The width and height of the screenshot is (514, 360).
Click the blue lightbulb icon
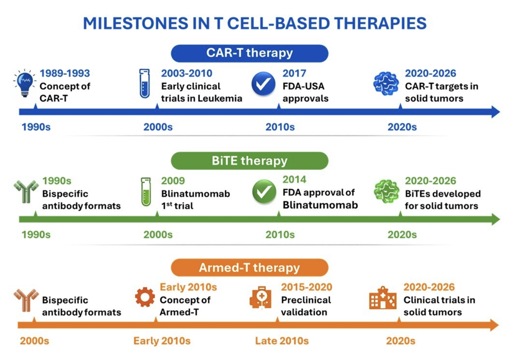coord(24,83)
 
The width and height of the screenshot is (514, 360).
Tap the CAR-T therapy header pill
coord(249,53)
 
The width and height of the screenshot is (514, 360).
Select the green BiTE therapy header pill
coord(249,161)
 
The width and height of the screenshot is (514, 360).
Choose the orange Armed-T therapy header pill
coord(249,268)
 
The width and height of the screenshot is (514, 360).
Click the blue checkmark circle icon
coord(263,84)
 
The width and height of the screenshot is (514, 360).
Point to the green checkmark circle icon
coord(264,191)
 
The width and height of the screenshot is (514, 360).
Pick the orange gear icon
coord(145,297)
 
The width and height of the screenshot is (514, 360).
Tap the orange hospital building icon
coord(383,297)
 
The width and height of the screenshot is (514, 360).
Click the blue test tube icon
coord(145,84)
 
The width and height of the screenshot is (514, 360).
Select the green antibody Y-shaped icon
coord(26,192)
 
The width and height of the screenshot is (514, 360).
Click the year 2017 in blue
coord(294,74)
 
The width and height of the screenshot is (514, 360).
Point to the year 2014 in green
coord(294,180)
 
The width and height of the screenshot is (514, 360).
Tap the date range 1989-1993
coord(65,74)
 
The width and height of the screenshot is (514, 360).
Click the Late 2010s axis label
coord(282,341)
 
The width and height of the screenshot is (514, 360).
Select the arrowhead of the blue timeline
coord(496,112)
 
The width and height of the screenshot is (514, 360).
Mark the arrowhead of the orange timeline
coord(495,325)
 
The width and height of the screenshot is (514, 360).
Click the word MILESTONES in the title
coord(136,23)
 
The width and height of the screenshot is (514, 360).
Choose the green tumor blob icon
coord(387,191)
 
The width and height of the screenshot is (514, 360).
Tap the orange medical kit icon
coord(261,297)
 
